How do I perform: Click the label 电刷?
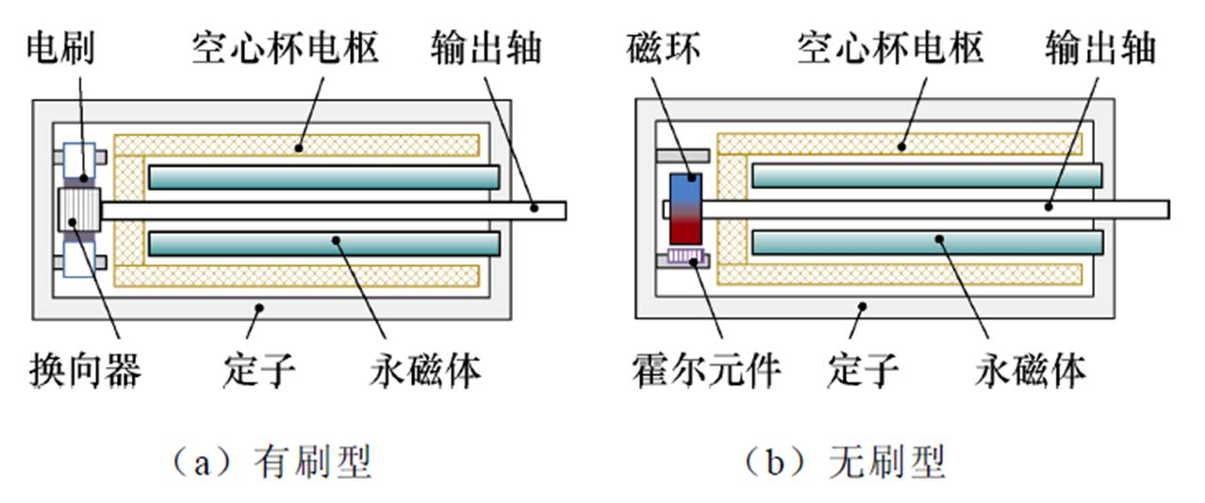59,45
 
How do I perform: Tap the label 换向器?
84,371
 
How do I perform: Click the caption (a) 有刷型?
269,462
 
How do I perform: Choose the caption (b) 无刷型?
845,462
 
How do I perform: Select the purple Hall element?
686,256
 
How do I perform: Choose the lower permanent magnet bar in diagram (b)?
927,243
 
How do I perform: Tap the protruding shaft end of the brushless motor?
1136,209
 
